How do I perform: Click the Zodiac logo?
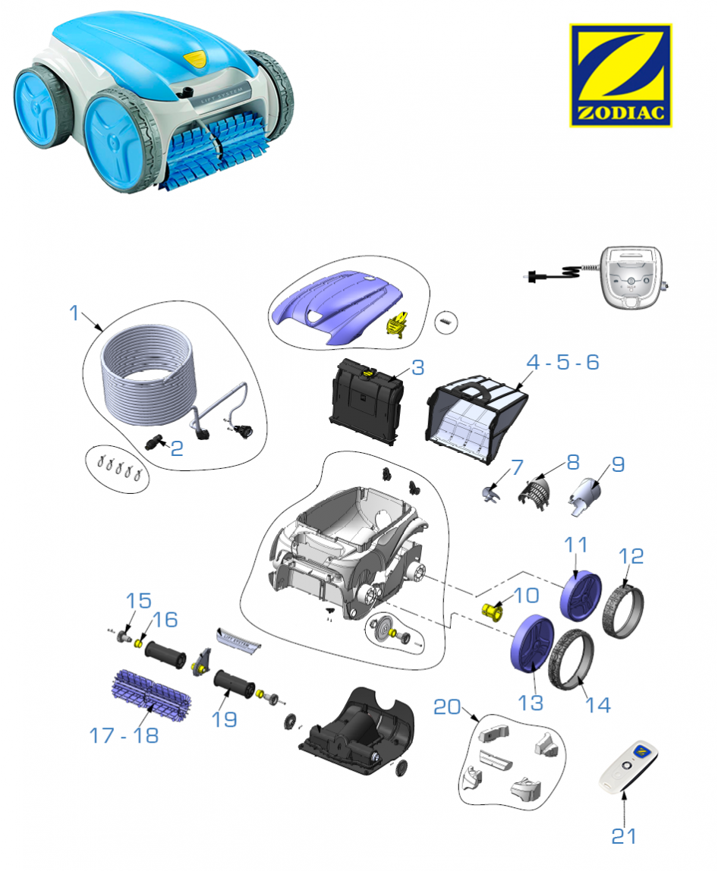[620, 75]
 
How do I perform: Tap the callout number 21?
[624, 835]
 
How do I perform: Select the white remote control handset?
[628, 767]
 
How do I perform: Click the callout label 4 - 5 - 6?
[562, 362]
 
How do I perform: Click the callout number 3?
[418, 367]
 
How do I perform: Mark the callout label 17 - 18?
[124, 735]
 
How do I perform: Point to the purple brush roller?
[151, 693]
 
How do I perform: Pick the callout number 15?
[138, 600]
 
